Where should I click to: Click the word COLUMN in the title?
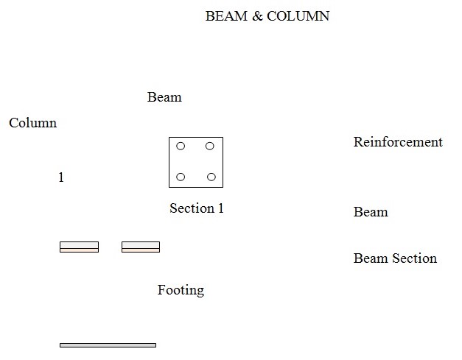[x=298, y=16]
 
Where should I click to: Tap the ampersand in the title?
[x=257, y=16]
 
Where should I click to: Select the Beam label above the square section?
[x=164, y=97]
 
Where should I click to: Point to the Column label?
[x=32, y=123]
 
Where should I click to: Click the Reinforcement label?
[x=398, y=142]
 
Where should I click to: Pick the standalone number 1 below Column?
[x=61, y=177]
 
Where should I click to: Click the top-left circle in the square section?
[x=181, y=146]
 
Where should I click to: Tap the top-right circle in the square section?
[x=210, y=146]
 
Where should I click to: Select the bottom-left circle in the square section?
[x=181, y=177]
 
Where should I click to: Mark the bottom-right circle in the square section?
[x=211, y=177]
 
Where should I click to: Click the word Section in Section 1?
[x=192, y=208]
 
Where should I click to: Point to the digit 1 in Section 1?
[x=220, y=208]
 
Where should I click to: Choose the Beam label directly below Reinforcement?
[x=371, y=212]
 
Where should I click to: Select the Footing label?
[x=181, y=290]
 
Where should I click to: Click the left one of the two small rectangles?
[x=79, y=247]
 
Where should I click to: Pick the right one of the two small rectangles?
[x=141, y=247]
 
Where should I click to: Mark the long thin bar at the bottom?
[x=108, y=345]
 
